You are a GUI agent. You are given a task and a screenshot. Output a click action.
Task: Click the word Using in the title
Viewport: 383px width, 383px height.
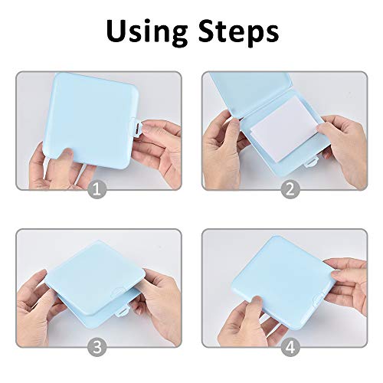(145, 32)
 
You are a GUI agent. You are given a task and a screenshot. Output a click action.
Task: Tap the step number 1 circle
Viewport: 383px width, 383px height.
(96, 188)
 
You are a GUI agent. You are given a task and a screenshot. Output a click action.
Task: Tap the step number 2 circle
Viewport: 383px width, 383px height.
(290, 188)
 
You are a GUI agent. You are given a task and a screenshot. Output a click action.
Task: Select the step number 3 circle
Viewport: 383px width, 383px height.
(96, 346)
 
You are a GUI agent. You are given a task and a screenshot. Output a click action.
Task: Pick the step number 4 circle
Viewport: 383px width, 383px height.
(290, 346)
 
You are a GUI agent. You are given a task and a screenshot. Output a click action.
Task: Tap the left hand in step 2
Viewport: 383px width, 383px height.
(226, 138)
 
